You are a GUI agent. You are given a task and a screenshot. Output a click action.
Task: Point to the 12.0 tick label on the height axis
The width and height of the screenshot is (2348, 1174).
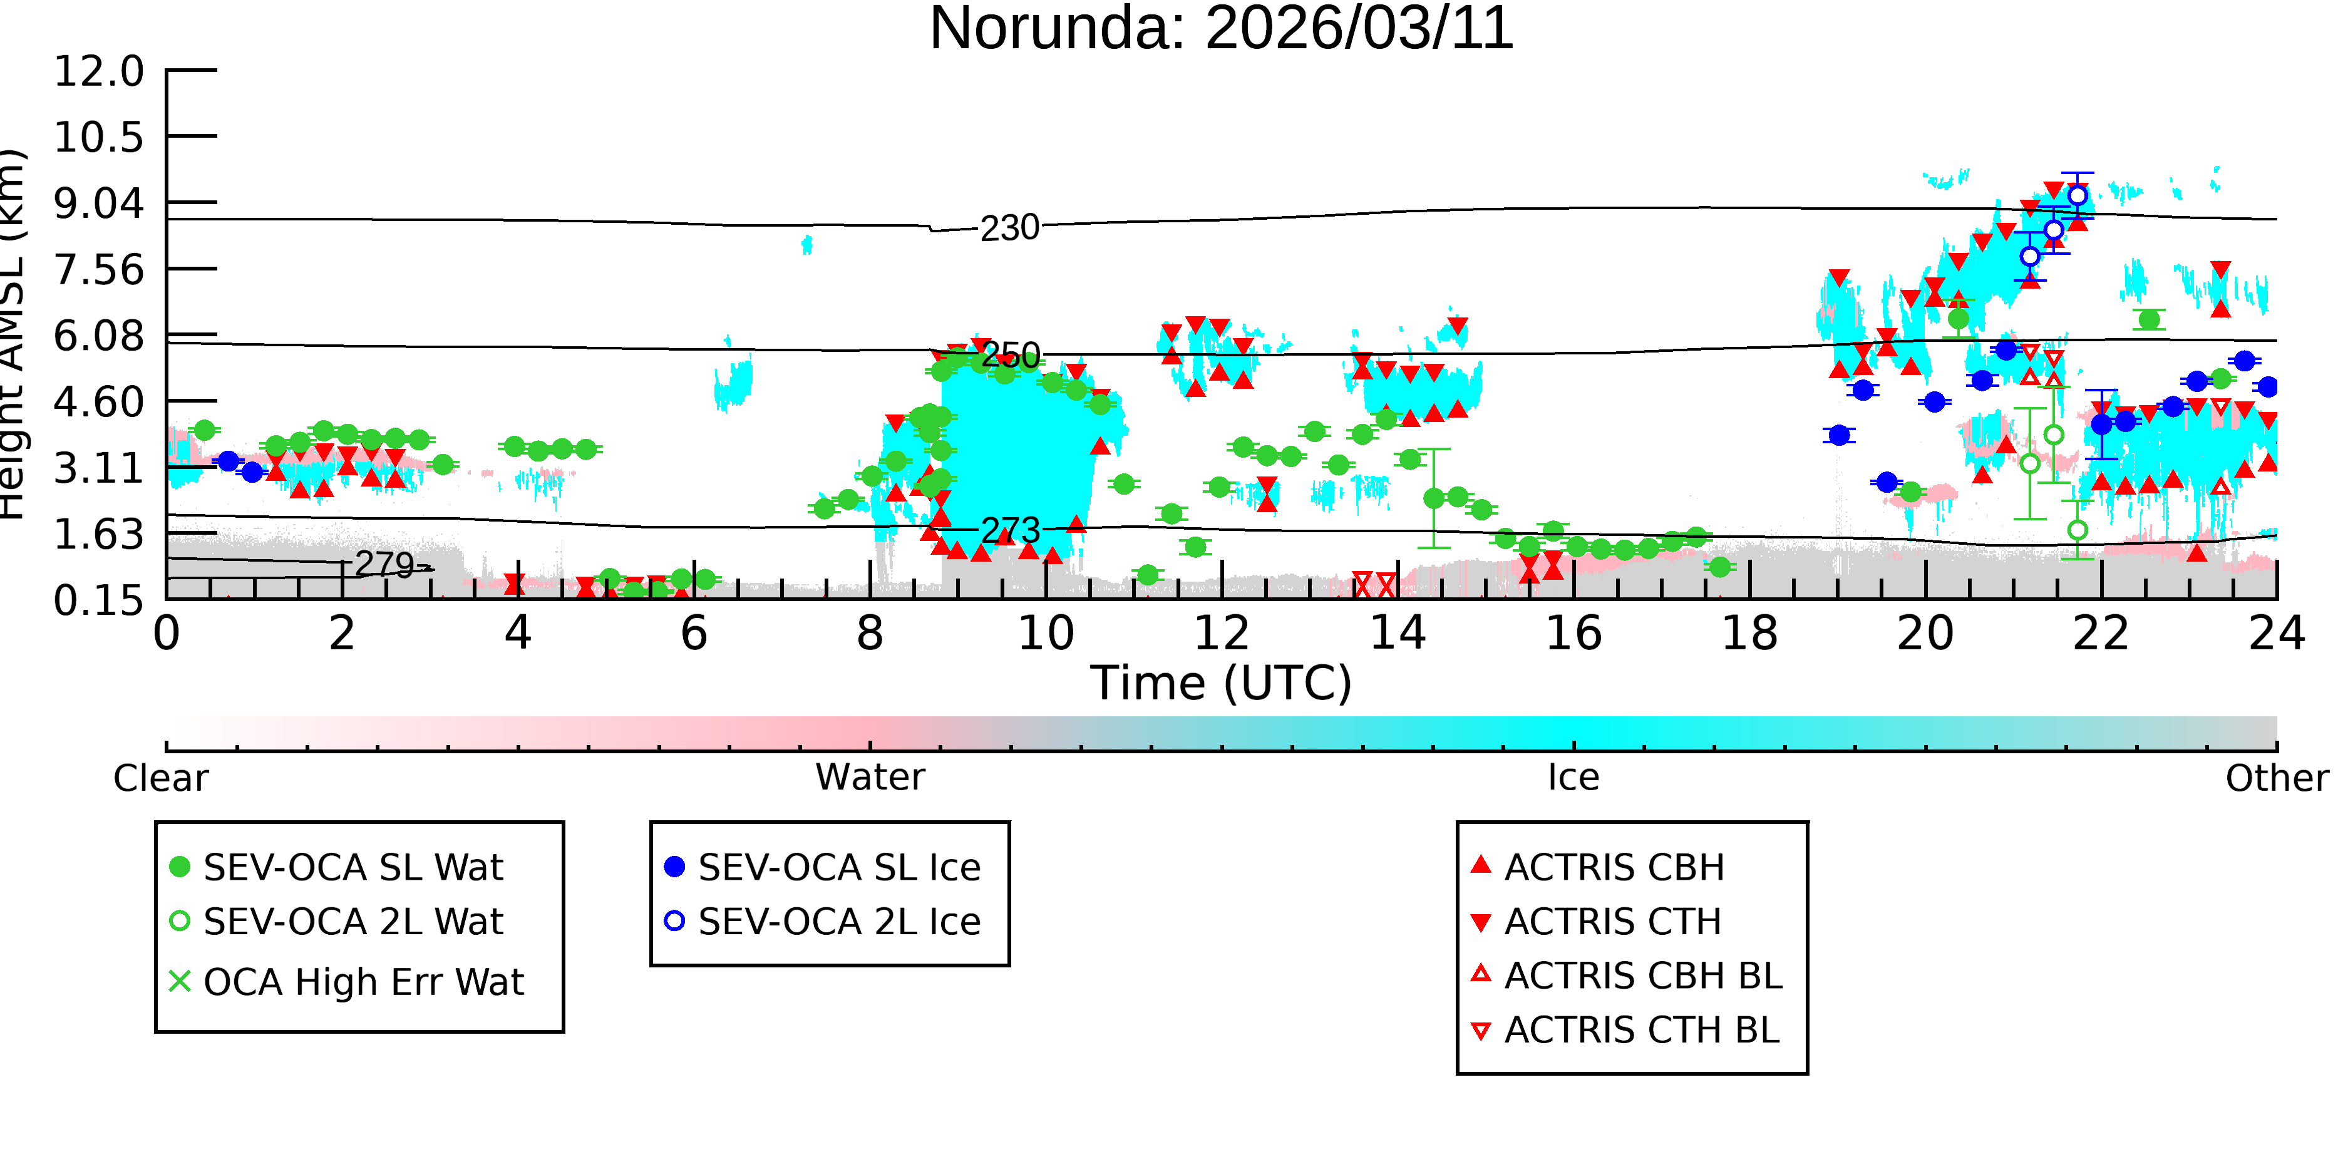(98, 71)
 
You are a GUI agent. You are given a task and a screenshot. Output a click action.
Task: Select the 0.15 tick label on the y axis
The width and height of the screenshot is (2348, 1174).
(98, 600)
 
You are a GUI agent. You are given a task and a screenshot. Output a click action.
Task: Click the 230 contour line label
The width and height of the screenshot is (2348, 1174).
(1010, 228)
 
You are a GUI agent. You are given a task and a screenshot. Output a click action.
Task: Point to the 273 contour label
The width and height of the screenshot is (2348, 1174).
(1010, 530)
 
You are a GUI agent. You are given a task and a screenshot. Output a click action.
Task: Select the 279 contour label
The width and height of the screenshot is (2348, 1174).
(384, 564)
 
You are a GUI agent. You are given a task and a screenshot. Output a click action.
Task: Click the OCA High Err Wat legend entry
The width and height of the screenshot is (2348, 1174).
(346, 982)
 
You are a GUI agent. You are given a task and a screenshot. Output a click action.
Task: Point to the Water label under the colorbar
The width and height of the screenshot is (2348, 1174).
(870, 778)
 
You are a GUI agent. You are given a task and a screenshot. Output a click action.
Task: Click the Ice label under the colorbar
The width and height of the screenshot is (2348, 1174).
(1573, 778)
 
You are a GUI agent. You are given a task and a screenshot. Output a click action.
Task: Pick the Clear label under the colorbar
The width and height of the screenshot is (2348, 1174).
(160, 778)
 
